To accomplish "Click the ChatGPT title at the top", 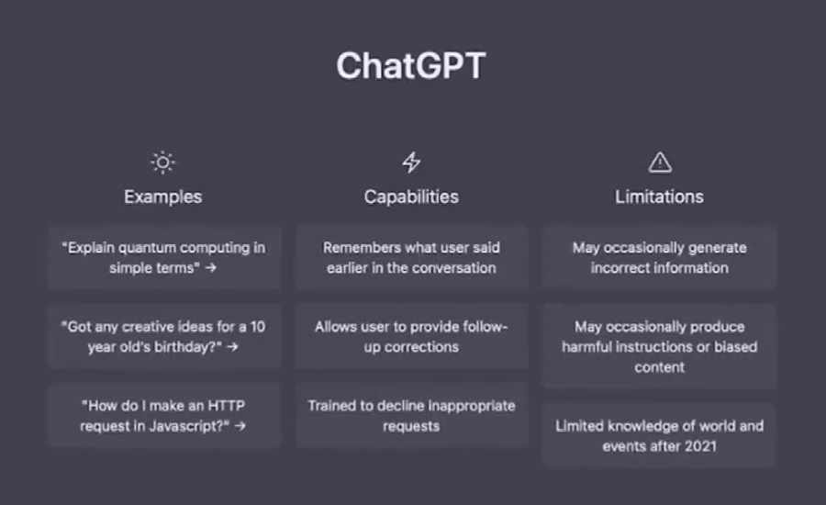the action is (x=411, y=66).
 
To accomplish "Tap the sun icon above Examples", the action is (x=162, y=163).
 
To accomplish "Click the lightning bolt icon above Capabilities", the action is (x=411, y=163).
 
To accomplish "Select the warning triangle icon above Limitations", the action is (x=660, y=163).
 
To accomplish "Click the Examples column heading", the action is (x=162, y=196).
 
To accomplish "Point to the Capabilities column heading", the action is (x=411, y=196).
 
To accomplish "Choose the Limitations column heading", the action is (x=660, y=196).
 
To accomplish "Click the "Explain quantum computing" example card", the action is (x=164, y=258).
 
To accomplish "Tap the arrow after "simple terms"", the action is (x=211, y=268).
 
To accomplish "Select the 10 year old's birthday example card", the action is (x=164, y=337).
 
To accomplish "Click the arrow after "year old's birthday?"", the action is (x=232, y=347).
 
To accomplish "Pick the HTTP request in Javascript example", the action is (x=164, y=416).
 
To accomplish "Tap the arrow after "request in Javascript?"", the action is (x=240, y=426).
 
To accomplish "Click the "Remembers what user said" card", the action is (x=412, y=258).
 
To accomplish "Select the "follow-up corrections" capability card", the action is (x=412, y=337).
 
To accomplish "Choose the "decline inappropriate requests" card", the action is (x=412, y=416).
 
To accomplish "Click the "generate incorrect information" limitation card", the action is (x=660, y=258).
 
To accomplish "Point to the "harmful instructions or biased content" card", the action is (x=660, y=347).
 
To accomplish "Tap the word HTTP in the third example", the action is (x=227, y=406).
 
